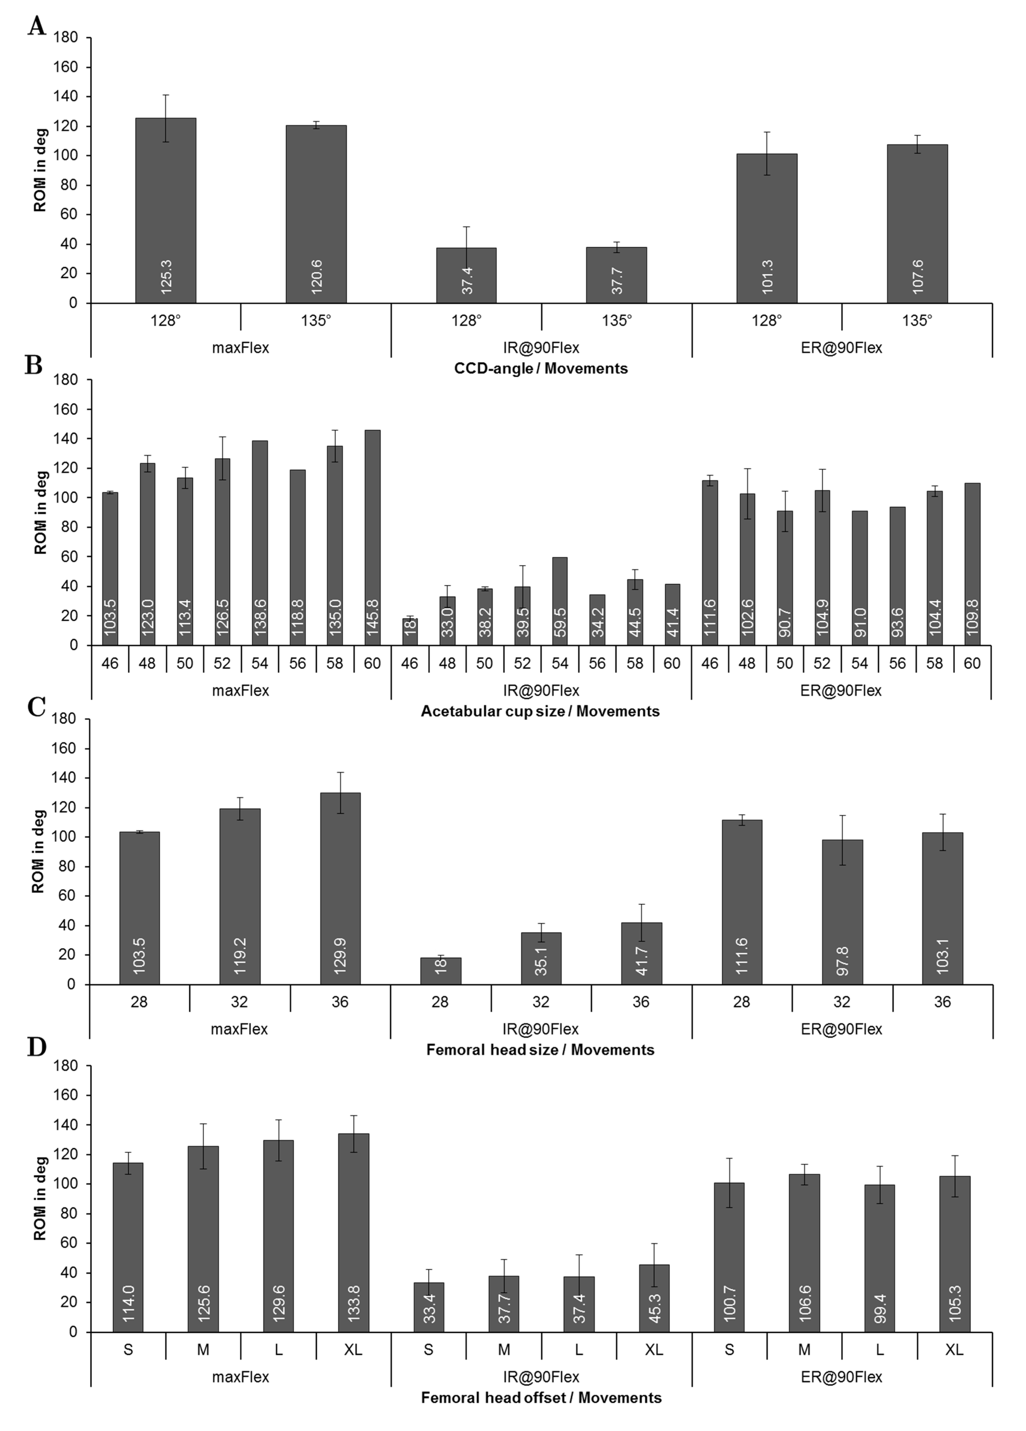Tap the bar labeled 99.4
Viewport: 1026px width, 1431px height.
click(x=880, y=1259)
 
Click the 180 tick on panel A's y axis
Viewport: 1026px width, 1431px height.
click(x=66, y=38)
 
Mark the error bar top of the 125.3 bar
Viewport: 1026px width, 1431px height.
click(x=166, y=95)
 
